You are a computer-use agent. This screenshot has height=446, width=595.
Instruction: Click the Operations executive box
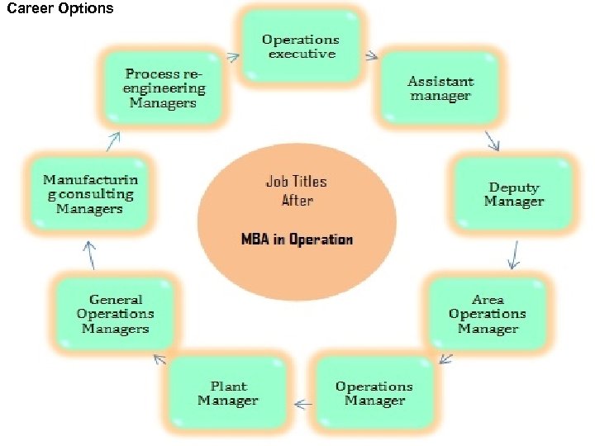coord(301,46)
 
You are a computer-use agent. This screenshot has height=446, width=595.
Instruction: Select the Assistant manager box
coord(440,89)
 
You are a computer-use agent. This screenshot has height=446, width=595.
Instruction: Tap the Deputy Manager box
coord(513,195)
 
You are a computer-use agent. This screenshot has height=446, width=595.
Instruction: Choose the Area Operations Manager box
coord(488,314)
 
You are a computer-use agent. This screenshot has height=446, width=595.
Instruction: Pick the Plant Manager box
coord(227,393)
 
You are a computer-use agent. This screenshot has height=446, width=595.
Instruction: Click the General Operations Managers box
coord(115,314)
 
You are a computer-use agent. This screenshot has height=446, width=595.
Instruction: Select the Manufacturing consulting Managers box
coord(89,195)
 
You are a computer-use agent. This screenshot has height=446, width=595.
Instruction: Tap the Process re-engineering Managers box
coord(164,89)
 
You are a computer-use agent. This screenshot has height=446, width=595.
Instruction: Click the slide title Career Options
coord(59,9)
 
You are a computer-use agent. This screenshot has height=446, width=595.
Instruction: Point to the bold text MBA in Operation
coord(297,240)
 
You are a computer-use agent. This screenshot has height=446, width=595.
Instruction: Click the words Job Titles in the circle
coord(296,181)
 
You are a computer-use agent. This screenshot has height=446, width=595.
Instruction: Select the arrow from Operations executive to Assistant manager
coord(371,57)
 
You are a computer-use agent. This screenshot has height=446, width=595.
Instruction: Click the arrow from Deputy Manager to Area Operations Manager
coord(514,255)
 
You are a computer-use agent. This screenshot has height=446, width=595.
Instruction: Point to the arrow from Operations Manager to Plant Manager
coord(303,404)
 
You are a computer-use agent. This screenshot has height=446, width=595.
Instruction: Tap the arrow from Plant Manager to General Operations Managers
coord(159,358)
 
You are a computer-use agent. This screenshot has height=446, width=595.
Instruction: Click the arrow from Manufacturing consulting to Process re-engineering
coord(112,141)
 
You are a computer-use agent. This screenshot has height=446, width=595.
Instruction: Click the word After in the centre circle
coord(297,200)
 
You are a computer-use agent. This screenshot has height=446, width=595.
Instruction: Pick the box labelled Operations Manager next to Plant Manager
coord(374,393)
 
